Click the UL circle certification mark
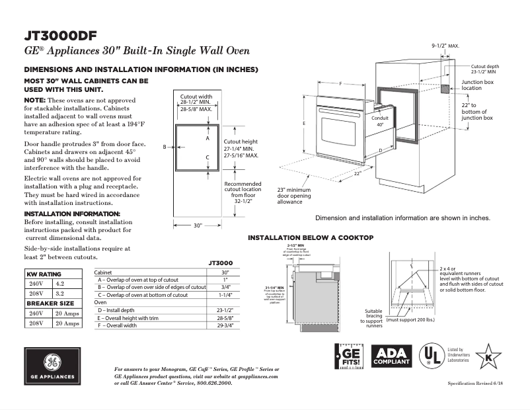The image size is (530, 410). click(433, 356)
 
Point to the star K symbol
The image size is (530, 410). click(488, 357)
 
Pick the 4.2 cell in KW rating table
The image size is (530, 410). click(60, 282)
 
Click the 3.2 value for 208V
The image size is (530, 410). click(60, 292)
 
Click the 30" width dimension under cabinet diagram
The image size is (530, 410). click(197, 225)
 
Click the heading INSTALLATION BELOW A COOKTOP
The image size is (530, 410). click(311, 237)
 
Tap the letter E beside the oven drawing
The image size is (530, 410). click(303, 124)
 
